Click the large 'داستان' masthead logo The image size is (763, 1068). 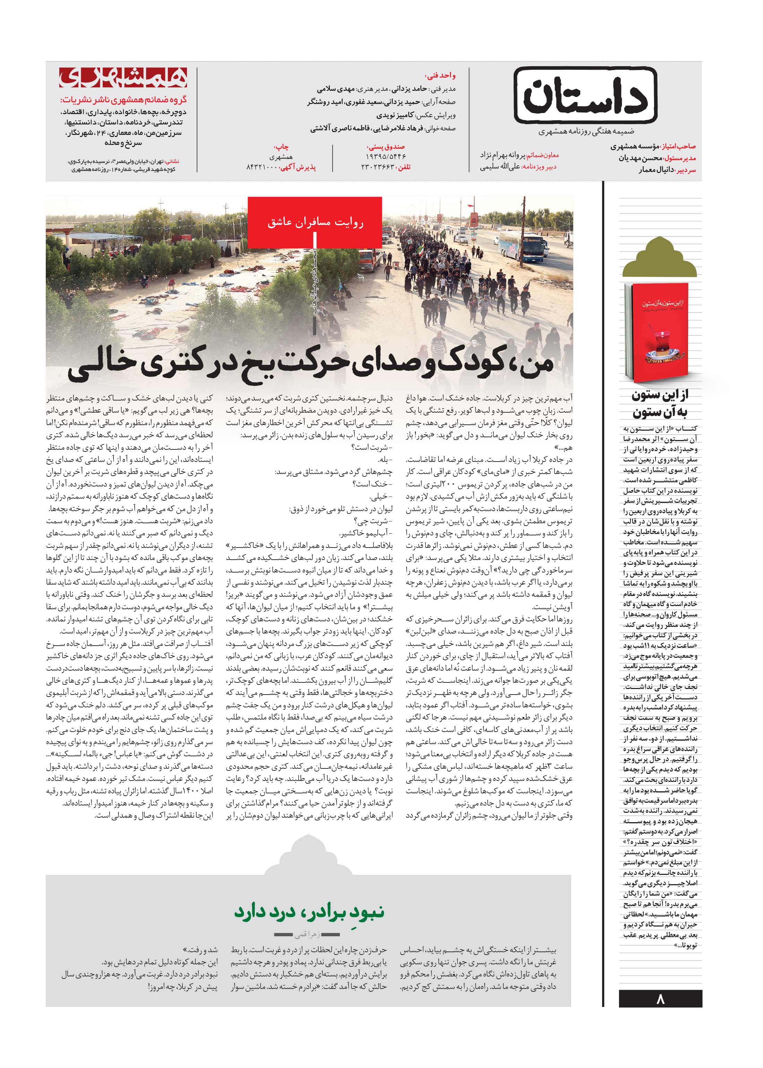pyautogui.click(x=585, y=96)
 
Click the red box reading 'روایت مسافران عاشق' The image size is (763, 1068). pyautogui.click(x=315, y=222)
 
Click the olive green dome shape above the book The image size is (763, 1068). pyautogui.click(x=660, y=259)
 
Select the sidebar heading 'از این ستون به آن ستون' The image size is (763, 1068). pyautogui.click(x=660, y=404)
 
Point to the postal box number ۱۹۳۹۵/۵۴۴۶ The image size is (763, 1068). pyautogui.click(x=385, y=157)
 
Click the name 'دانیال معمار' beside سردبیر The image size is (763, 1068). pyautogui.click(x=656, y=170)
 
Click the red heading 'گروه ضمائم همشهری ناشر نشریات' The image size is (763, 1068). pyautogui.click(x=123, y=100)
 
